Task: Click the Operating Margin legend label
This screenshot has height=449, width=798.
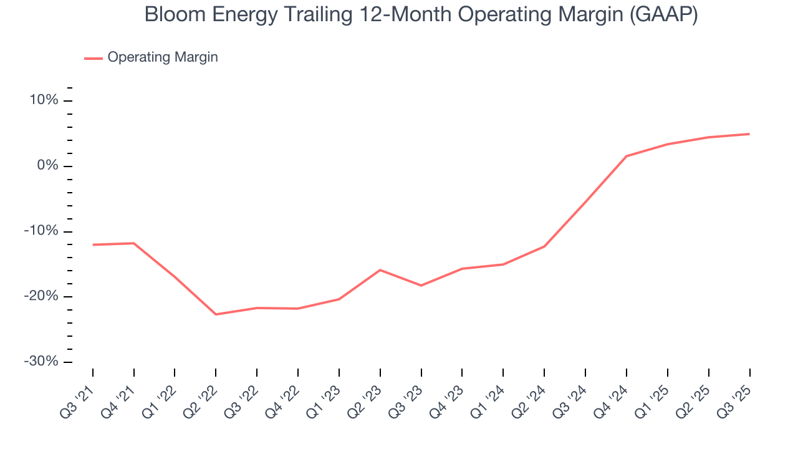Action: [163, 57]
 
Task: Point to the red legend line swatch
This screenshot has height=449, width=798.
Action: [94, 58]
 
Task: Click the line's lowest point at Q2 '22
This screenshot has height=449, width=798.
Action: [216, 314]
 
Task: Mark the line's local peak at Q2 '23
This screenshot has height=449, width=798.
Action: [380, 270]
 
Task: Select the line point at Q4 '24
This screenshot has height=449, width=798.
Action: [626, 156]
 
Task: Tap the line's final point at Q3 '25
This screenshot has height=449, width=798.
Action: [749, 134]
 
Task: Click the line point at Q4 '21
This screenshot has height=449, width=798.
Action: [134, 243]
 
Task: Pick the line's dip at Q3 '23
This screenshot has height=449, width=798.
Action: [421, 286]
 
